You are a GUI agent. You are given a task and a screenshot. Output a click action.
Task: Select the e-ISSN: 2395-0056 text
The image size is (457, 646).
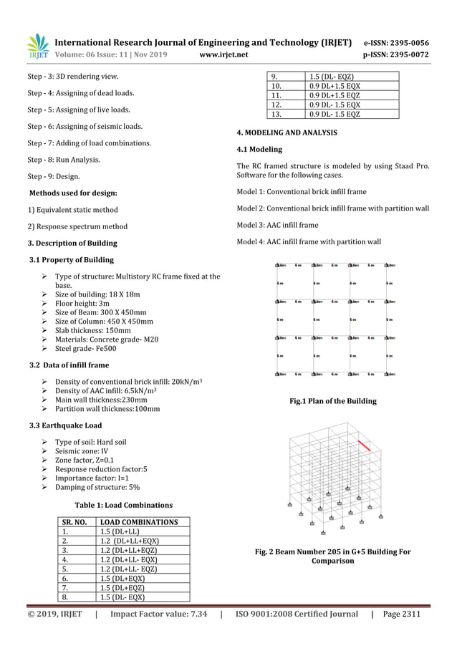coord(398,42)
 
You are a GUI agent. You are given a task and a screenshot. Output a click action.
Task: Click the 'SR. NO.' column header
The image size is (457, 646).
coord(74,522)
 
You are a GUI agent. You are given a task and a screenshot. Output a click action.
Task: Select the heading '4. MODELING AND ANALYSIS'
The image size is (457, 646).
coord(283,133)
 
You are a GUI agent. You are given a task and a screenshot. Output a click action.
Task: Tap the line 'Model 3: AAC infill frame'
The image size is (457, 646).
coord(277,225)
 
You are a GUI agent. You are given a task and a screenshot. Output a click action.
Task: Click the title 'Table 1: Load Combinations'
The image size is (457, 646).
coord(125,505)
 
